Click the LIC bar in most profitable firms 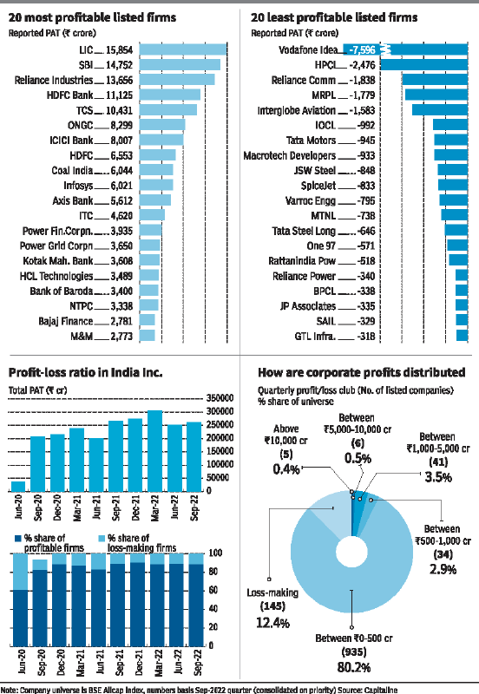click(x=183, y=49)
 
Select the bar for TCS click(x=168, y=110)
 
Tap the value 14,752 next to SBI click(x=119, y=65)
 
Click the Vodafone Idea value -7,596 click(x=362, y=50)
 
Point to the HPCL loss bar click(x=424, y=64)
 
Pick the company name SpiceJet click(x=318, y=186)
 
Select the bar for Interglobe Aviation click(x=440, y=110)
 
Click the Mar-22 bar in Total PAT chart click(x=155, y=451)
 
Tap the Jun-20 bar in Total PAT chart click(x=18, y=487)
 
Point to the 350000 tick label click(x=220, y=398)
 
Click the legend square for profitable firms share click(x=18, y=538)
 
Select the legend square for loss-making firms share click(x=102, y=538)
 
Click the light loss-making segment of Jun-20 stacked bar click(x=20, y=572)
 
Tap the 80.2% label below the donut click(x=354, y=667)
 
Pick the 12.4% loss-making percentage click(x=272, y=623)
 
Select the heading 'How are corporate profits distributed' click(x=361, y=373)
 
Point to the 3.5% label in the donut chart click(x=438, y=476)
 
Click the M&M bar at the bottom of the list click(x=147, y=336)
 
